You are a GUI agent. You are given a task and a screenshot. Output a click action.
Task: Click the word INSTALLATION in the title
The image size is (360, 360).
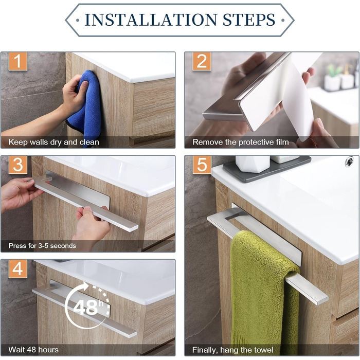tap(151, 20)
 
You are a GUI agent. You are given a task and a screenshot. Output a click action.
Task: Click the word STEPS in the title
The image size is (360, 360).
tap(249, 20)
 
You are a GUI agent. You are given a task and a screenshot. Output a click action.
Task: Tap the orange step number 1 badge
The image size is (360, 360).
tap(18, 61)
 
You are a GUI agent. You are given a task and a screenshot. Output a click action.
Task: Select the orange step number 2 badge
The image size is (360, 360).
tap(202, 61)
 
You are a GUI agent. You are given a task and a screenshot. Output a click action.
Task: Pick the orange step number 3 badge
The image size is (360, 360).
tap(18, 165)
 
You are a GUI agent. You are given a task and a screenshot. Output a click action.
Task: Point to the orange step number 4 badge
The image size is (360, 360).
tap(18, 268)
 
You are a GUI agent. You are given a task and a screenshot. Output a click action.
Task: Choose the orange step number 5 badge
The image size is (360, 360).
tap(202, 165)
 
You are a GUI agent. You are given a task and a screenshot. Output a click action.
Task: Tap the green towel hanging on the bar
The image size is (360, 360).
tap(262, 294)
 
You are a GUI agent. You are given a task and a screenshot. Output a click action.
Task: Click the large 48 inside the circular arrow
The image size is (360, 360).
tap(85, 308)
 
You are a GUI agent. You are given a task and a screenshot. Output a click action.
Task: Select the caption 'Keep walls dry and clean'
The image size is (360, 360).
tap(53, 142)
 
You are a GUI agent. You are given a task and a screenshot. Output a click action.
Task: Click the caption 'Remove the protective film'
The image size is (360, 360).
tap(241, 142)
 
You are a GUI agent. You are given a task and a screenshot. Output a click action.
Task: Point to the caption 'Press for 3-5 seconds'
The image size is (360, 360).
tap(42, 246)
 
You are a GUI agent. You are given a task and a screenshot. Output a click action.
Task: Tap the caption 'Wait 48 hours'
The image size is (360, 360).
tap(33, 350)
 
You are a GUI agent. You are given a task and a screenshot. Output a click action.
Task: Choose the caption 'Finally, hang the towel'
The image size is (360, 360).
tap(232, 350)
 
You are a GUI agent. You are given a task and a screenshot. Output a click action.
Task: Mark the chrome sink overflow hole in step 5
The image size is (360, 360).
tap(350, 161)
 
